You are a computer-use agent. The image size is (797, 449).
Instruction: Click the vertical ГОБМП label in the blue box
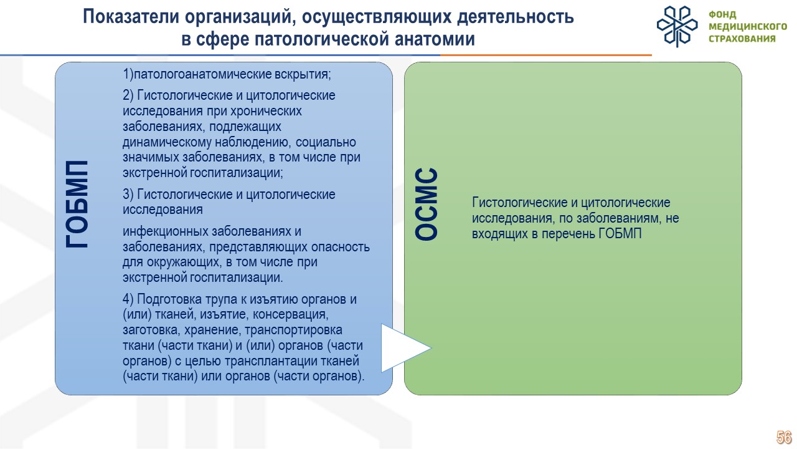click(77, 204)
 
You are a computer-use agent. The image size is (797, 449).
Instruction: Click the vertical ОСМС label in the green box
click(427, 204)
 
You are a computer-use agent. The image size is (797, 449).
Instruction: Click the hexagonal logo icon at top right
click(677, 26)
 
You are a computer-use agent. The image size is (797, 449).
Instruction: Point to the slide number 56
click(784, 437)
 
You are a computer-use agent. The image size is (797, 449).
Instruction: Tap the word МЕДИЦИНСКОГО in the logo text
click(748, 27)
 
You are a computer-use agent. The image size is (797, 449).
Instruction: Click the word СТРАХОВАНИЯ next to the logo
click(742, 39)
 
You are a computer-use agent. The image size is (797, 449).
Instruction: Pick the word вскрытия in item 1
click(303, 74)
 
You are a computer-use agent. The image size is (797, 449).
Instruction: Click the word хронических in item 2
click(266, 111)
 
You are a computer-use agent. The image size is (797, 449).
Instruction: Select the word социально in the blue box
click(326, 142)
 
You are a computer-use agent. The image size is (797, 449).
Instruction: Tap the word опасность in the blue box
click(341, 246)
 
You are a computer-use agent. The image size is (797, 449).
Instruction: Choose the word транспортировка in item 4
click(293, 330)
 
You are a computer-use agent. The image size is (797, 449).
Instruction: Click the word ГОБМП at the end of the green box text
click(620, 234)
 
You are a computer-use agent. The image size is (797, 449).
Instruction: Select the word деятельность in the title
click(515, 16)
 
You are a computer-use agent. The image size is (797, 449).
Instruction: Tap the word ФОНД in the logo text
click(722, 14)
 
